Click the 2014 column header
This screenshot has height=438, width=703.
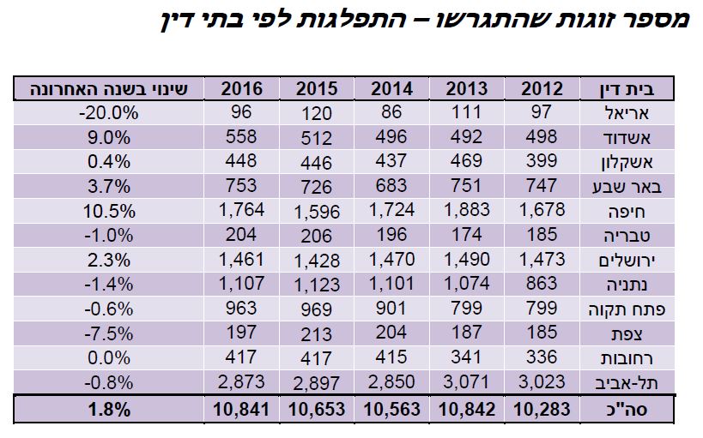tap(391, 88)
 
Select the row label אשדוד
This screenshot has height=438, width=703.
tap(633, 135)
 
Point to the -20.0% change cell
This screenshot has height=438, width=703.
tap(108, 112)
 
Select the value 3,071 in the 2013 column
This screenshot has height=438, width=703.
tap(466, 381)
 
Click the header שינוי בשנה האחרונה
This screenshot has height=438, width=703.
tap(108, 88)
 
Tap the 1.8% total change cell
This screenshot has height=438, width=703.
tap(108, 410)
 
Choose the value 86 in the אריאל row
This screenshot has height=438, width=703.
tap(391, 113)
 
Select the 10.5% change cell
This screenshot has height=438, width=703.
tap(108, 208)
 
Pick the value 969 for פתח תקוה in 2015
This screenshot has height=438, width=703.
tap(317, 307)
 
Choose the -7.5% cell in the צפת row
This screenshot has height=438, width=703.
tap(108, 332)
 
